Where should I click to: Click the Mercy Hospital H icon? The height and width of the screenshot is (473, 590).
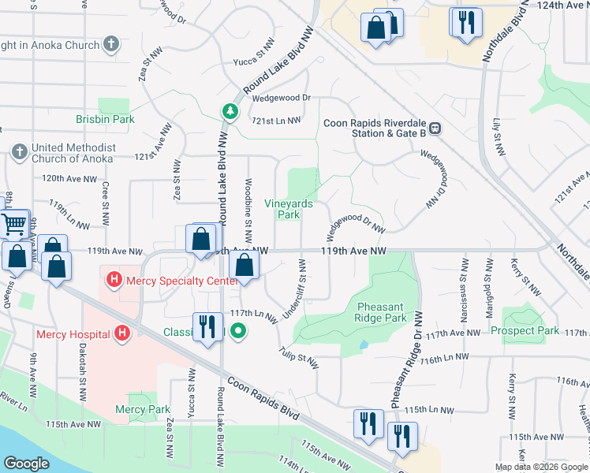click(121, 334)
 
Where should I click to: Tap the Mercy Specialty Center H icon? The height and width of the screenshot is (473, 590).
click(114, 279)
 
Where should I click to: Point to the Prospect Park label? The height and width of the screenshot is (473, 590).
click(525, 330)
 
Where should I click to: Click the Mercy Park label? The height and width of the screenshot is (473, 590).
click(143, 409)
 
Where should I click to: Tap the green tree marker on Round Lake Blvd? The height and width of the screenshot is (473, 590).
click(230, 111)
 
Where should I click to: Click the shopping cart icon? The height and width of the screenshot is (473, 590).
click(13, 225)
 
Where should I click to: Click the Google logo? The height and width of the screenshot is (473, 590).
click(26, 464)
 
